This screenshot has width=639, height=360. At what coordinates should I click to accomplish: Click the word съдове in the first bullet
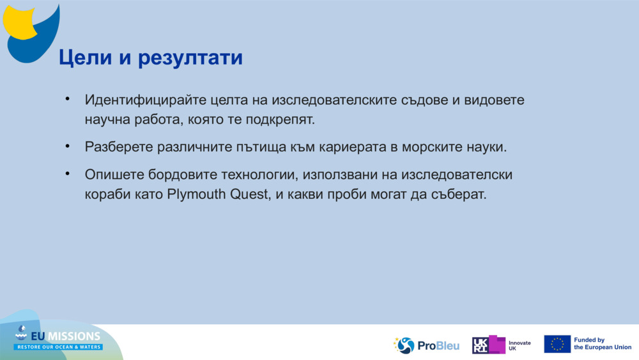[x=429, y=101]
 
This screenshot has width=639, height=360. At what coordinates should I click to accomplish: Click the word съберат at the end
[x=461, y=194]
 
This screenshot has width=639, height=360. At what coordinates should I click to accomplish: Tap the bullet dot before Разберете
[x=66, y=146]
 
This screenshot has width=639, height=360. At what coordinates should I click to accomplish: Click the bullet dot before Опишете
[x=66, y=174]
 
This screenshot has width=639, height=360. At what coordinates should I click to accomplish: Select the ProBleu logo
[x=426, y=345]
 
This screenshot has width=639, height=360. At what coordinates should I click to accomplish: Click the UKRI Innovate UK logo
[x=501, y=345]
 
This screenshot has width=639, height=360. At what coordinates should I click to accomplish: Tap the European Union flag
[x=557, y=344]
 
